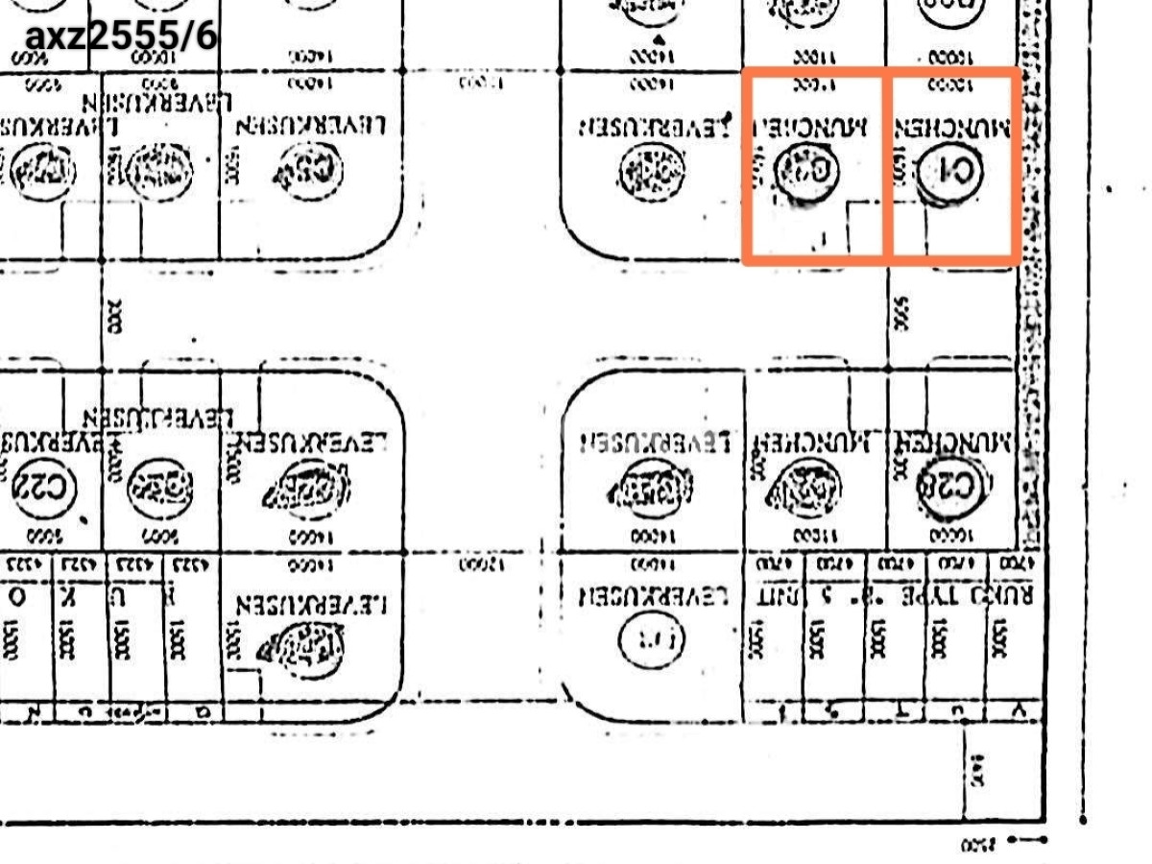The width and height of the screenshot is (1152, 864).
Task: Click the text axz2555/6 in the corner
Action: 121,37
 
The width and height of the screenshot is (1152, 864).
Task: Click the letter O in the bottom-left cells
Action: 16,596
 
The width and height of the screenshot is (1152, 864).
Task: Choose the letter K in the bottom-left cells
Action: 68,596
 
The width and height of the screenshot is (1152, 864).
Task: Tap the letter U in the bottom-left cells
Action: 121,596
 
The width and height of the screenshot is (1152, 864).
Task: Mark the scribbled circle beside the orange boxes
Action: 654,173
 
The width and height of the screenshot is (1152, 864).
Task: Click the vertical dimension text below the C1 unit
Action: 901,313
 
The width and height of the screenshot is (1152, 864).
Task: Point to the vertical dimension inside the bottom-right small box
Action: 979,768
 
